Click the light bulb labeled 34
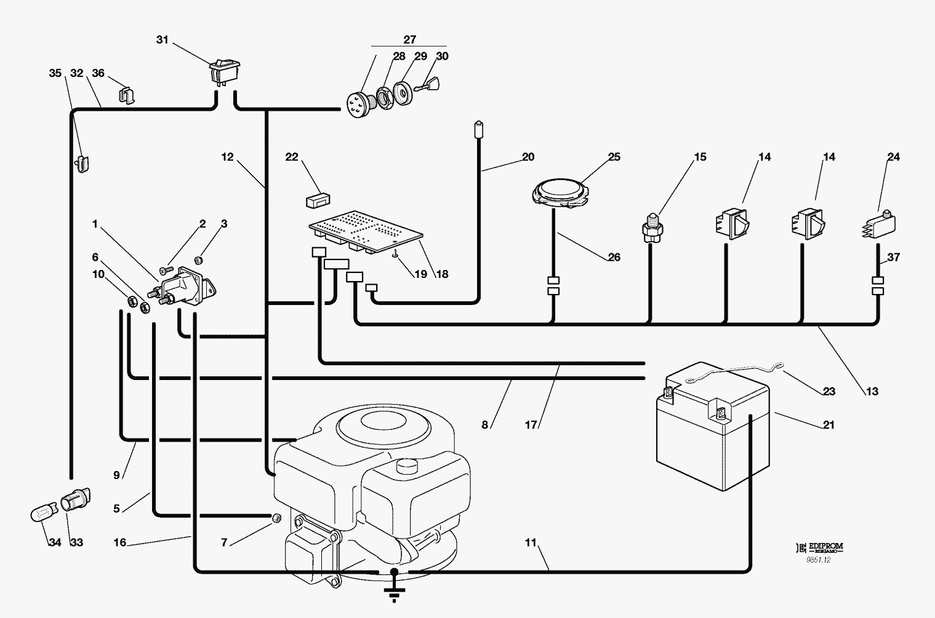[x=43, y=513]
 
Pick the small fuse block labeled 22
[x=318, y=200]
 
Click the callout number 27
[x=409, y=39]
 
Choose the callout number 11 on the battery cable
[x=531, y=542]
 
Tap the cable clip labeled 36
[x=127, y=95]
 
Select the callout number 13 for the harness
[x=871, y=391]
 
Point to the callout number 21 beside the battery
[x=829, y=425]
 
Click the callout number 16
[x=119, y=542]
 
